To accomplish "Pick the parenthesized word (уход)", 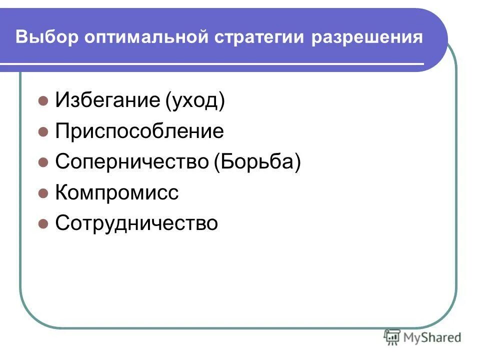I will [194, 101].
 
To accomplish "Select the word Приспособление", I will [139, 132].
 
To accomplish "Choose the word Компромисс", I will [117, 193].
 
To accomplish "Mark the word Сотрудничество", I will [136, 223].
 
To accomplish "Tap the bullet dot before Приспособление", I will [43, 132].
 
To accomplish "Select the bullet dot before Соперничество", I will [43, 162].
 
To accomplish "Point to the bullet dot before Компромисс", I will [43, 193].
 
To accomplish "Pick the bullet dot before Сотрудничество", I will [43, 223].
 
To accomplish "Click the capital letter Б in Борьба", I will [224, 162].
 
